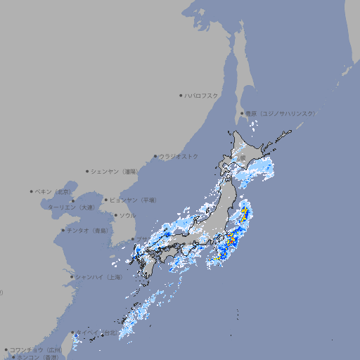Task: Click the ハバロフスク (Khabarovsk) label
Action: tap(201, 95)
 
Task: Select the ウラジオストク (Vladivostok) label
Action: tap(179, 156)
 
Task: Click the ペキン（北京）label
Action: tap(54, 191)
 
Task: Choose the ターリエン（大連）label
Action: tap(71, 207)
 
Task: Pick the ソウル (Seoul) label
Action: tap(127, 215)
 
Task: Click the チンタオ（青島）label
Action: tap(88, 230)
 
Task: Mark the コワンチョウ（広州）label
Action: tap(36, 349)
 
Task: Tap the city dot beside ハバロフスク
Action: tap(181, 95)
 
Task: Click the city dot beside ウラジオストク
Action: tap(155, 156)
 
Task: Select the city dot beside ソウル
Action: tap(115, 215)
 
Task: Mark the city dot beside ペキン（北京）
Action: tap(32, 191)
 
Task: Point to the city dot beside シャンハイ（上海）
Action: tap(72, 277)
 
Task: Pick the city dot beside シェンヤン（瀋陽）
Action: tap(88, 171)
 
